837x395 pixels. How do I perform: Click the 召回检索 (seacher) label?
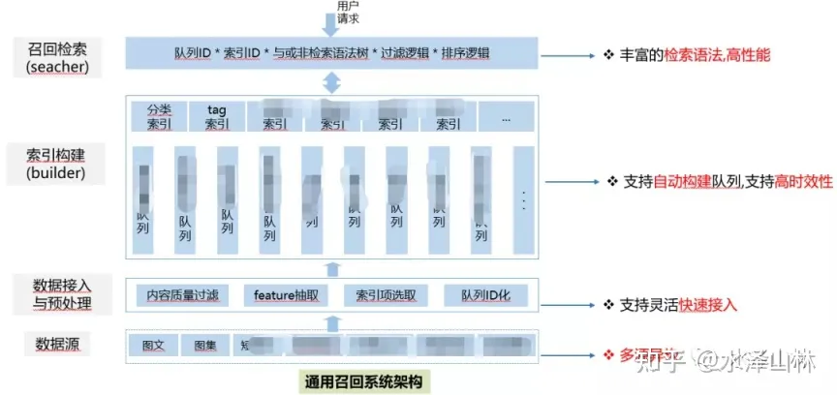[x=59, y=55]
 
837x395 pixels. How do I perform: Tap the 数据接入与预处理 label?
[x=60, y=293]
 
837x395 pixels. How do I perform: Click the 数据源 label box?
[x=59, y=344]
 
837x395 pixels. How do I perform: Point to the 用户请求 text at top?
[x=347, y=11]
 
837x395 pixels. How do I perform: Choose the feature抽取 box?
[x=286, y=294]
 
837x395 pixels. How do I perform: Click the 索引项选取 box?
[x=385, y=294]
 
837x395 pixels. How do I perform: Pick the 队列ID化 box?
[x=489, y=294]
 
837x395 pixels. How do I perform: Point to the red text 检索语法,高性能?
[x=717, y=56]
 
